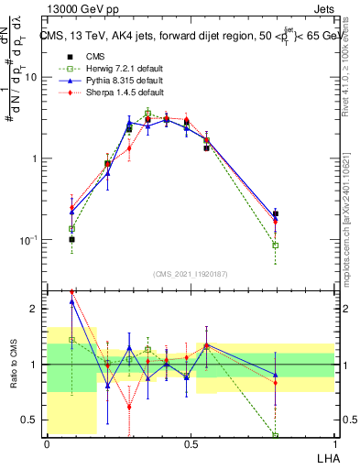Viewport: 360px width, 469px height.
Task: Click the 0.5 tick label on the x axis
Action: pos(190,444)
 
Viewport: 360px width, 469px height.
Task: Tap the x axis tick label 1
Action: pos(333,444)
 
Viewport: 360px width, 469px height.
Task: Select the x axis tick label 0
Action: pos(47,444)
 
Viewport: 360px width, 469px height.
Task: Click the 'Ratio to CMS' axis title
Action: pos(14,365)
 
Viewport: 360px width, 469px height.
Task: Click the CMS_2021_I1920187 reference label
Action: pos(190,274)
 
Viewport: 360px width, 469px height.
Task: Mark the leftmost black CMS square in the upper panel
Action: pos(71,239)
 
